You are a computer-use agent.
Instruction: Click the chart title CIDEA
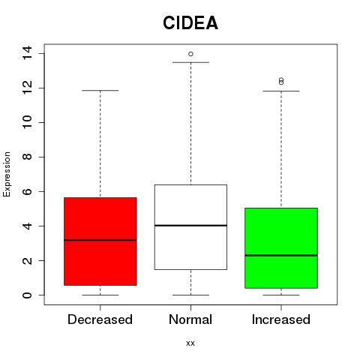(x=190, y=23)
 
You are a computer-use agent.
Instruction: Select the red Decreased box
(x=100, y=241)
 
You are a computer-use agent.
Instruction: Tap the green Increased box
(x=281, y=248)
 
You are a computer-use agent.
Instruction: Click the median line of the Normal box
(x=190, y=226)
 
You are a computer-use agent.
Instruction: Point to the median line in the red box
(x=100, y=240)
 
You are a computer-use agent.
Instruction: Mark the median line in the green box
(x=281, y=255)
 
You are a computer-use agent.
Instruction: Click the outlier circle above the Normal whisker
(x=190, y=54)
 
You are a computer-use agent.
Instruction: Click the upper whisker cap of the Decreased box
(x=100, y=91)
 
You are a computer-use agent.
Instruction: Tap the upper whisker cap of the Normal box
(x=190, y=62)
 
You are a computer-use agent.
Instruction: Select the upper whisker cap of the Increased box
(x=281, y=91)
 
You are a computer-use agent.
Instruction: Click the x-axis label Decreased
(x=100, y=319)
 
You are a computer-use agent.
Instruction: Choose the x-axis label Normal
(x=190, y=319)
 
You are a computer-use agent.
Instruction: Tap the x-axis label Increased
(x=281, y=319)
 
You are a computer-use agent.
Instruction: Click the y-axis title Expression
(x=7, y=174)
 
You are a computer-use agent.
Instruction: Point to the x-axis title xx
(x=190, y=343)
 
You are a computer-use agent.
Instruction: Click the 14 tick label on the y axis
(x=27, y=52)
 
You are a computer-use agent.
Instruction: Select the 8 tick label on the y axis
(x=27, y=157)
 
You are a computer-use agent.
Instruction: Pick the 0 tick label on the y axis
(x=27, y=295)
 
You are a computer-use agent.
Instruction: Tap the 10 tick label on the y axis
(x=27, y=122)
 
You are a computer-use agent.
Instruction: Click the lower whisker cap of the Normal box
(x=190, y=295)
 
